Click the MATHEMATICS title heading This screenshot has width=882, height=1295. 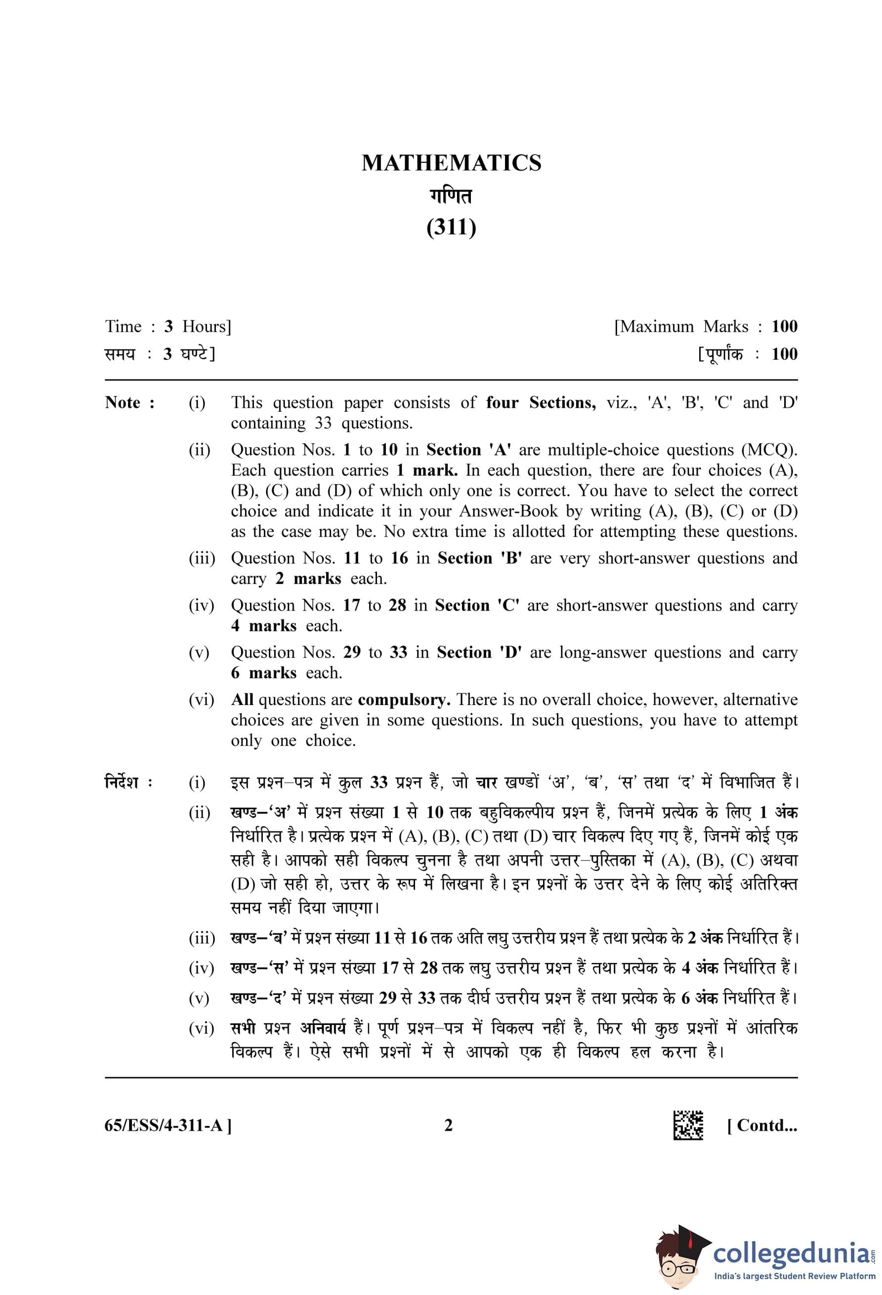coord(451,163)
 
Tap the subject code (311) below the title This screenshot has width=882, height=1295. coord(451,227)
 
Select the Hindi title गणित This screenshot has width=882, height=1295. coord(451,196)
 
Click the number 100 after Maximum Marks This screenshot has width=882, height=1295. coord(784,326)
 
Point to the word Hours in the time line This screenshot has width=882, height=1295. coord(205,326)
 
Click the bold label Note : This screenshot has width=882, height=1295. coord(130,402)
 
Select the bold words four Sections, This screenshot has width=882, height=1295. coord(540,402)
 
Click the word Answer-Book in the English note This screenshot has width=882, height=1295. coord(508,510)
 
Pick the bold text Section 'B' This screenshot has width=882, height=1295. coord(479,558)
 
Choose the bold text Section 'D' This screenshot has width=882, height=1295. coord(479,652)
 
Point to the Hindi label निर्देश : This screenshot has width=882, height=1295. coord(128,783)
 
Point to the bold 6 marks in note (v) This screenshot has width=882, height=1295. coord(264,672)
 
